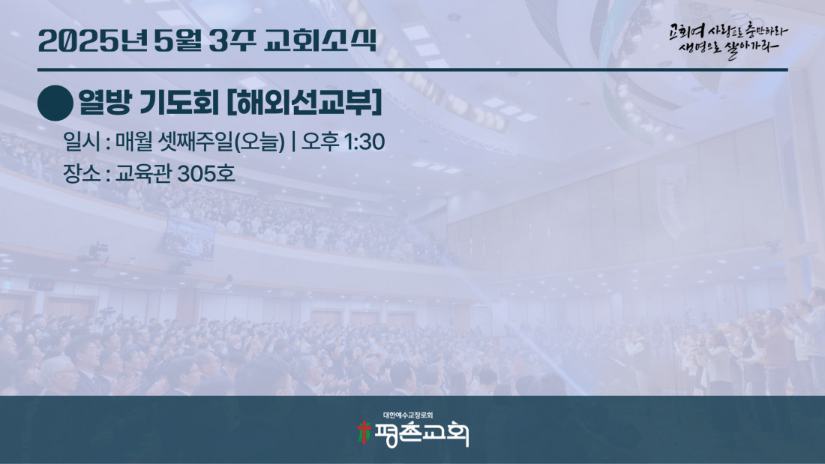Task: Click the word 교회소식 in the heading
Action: pos(320,40)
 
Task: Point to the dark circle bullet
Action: pos(55,103)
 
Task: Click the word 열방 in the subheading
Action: pos(105,103)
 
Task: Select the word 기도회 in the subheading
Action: pos(179,103)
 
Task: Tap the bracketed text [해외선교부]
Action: pos(304,103)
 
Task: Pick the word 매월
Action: pos(133,142)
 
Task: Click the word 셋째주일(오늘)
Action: pos(221,142)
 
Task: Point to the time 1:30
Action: pos(364,142)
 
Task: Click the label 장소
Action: pos(82,174)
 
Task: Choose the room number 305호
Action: pos(205,174)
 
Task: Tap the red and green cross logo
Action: pos(364,433)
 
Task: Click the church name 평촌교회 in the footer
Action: pos(421,435)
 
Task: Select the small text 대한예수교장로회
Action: pos(408,415)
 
